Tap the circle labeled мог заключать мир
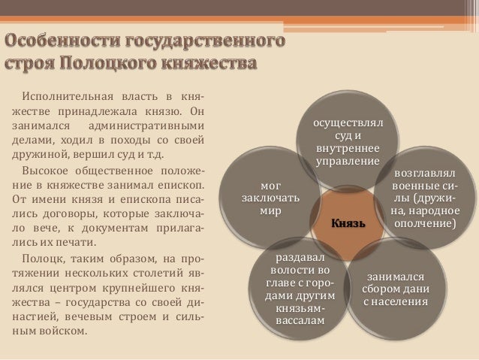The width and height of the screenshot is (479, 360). point(270,198)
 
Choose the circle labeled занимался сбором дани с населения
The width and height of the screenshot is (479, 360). point(395,289)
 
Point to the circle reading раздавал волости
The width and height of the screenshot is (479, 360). point(299,289)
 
